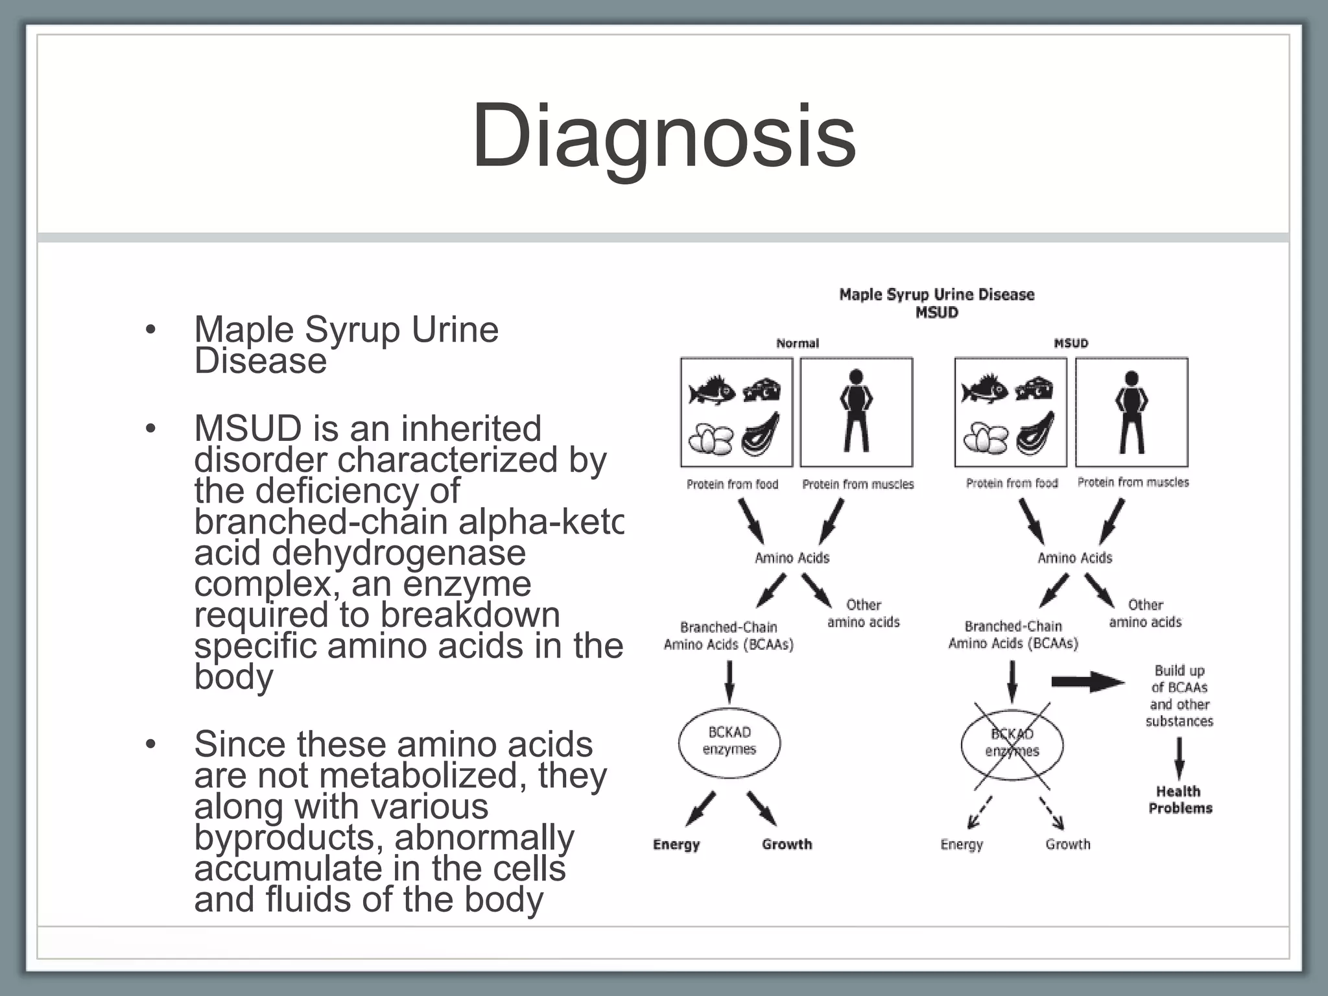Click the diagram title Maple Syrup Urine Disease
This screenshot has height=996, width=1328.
tap(936, 295)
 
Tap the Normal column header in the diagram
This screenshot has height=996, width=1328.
tap(798, 343)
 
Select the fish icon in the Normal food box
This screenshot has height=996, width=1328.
tap(711, 390)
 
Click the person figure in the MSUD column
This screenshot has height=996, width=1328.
tap(1132, 411)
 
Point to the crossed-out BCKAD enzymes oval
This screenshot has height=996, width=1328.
tap(1012, 743)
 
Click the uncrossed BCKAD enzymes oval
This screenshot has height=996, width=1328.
tap(729, 741)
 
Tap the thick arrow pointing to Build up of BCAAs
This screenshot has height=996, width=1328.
tap(1087, 682)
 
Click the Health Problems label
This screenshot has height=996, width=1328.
tap(1180, 800)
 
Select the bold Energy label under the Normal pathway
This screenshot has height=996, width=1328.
tap(676, 844)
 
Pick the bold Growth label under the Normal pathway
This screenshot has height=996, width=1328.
tap(787, 844)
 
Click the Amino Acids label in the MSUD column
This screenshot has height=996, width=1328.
tap(1074, 558)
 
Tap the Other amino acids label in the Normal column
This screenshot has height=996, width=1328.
tap(863, 613)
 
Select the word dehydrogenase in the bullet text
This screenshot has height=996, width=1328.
tap(399, 552)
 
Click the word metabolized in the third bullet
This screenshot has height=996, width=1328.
tap(423, 775)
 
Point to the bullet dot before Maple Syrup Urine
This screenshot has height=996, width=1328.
tap(150, 329)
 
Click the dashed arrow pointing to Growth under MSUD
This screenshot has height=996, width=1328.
tap(1052, 812)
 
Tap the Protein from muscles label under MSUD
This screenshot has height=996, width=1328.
tap(1133, 482)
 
